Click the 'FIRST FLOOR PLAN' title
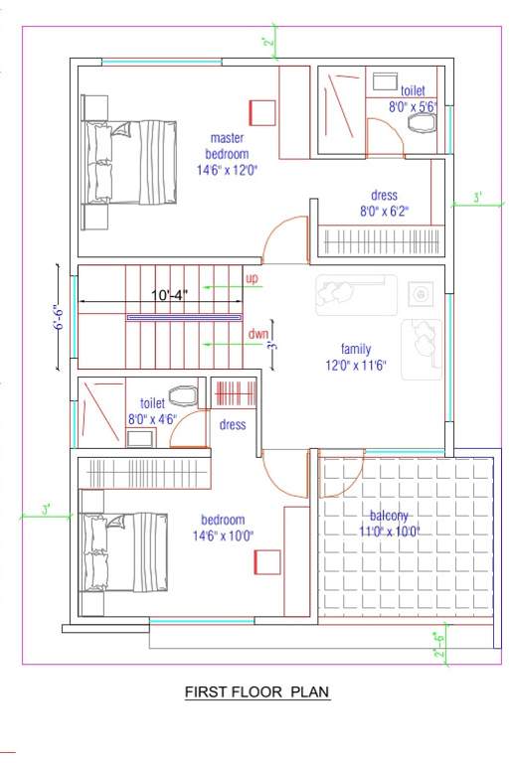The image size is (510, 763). point(256,691)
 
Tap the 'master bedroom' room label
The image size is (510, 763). point(230,146)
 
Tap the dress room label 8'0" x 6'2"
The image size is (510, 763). point(384,211)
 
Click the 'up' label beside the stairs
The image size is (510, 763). point(252,280)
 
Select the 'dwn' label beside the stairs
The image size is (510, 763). point(257,335)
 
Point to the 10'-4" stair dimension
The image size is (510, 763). point(170,295)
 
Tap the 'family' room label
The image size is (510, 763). point(355,349)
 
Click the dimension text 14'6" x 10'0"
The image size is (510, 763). point(228,535)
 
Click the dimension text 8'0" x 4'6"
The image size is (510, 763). point(151,419)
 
